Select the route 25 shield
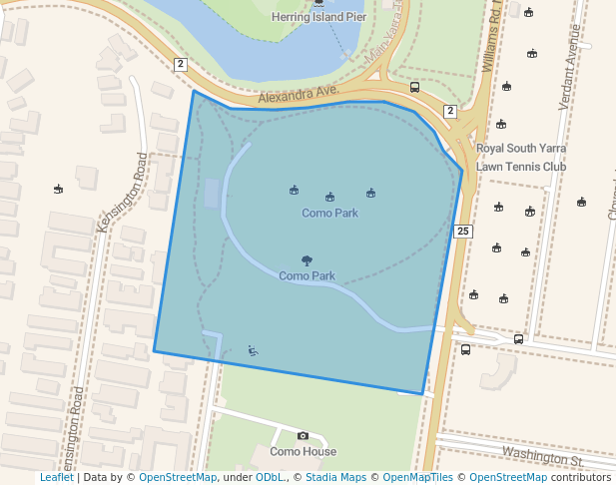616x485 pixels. point(463,231)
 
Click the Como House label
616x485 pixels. point(303,451)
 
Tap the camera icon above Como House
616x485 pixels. point(303,436)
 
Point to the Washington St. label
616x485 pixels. point(542,458)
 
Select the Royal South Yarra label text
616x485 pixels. point(520,148)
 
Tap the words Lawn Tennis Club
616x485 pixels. point(520,166)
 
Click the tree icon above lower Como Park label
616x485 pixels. point(307,260)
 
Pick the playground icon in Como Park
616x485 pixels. point(253,350)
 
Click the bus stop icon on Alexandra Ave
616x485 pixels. point(414,87)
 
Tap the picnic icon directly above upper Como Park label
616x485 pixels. point(329,198)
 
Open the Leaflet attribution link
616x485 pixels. point(57,478)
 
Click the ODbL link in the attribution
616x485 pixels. point(269,478)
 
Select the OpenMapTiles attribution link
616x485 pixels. point(416,478)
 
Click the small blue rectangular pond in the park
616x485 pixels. point(212,193)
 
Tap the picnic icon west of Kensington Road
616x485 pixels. point(58,188)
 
